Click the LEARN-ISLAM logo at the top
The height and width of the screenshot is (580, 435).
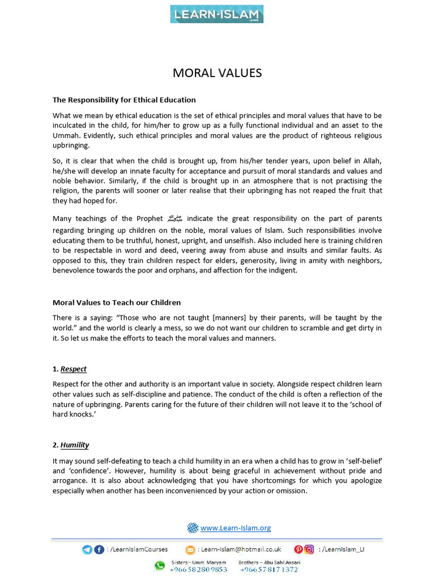coord(217,14)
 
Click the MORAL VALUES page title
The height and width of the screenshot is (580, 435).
coord(217,73)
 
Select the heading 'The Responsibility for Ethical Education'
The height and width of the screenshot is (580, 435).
coord(124,100)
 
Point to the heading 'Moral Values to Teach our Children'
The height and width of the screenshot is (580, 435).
coord(117,302)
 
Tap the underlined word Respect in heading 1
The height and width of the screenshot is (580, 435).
coord(74,369)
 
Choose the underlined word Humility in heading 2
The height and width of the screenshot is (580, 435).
coord(75,445)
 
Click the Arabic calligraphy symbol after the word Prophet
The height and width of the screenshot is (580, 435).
coord(173,219)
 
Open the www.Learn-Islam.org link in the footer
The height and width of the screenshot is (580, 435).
coord(236,528)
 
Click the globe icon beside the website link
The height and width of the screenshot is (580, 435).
coord(193,528)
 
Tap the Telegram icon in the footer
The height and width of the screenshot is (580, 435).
coord(87,549)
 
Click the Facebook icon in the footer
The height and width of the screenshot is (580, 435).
coord(99,549)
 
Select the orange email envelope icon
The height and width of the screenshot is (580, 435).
coord(190,549)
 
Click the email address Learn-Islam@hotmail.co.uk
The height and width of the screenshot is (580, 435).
coord(242,549)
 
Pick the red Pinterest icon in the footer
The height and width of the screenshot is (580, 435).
coord(298,549)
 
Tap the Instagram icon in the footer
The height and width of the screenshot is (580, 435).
coord(309,549)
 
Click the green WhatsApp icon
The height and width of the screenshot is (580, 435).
coord(160,566)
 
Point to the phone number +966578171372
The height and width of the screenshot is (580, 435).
coord(269,570)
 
